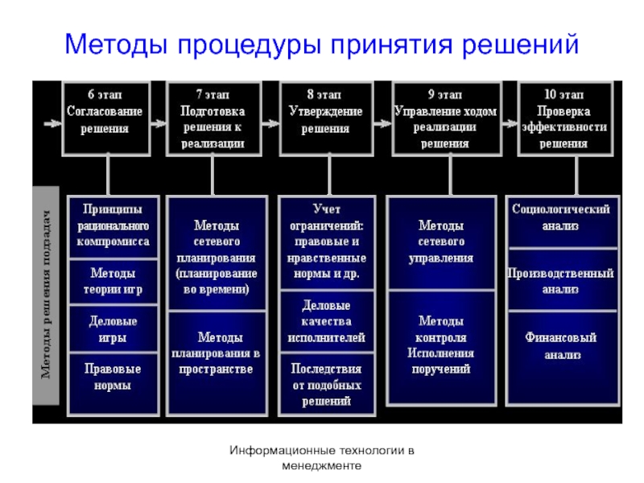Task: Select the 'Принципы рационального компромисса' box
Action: tap(113, 225)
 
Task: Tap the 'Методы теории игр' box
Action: tap(113, 282)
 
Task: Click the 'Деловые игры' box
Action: tap(113, 329)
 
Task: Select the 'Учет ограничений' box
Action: tap(326, 242)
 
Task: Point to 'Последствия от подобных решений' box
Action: tap(326, 384)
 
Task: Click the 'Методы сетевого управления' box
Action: tap(445, 242)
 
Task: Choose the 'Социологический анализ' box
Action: tap(561, 217)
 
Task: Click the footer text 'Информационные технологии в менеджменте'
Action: tap(321, 458)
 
